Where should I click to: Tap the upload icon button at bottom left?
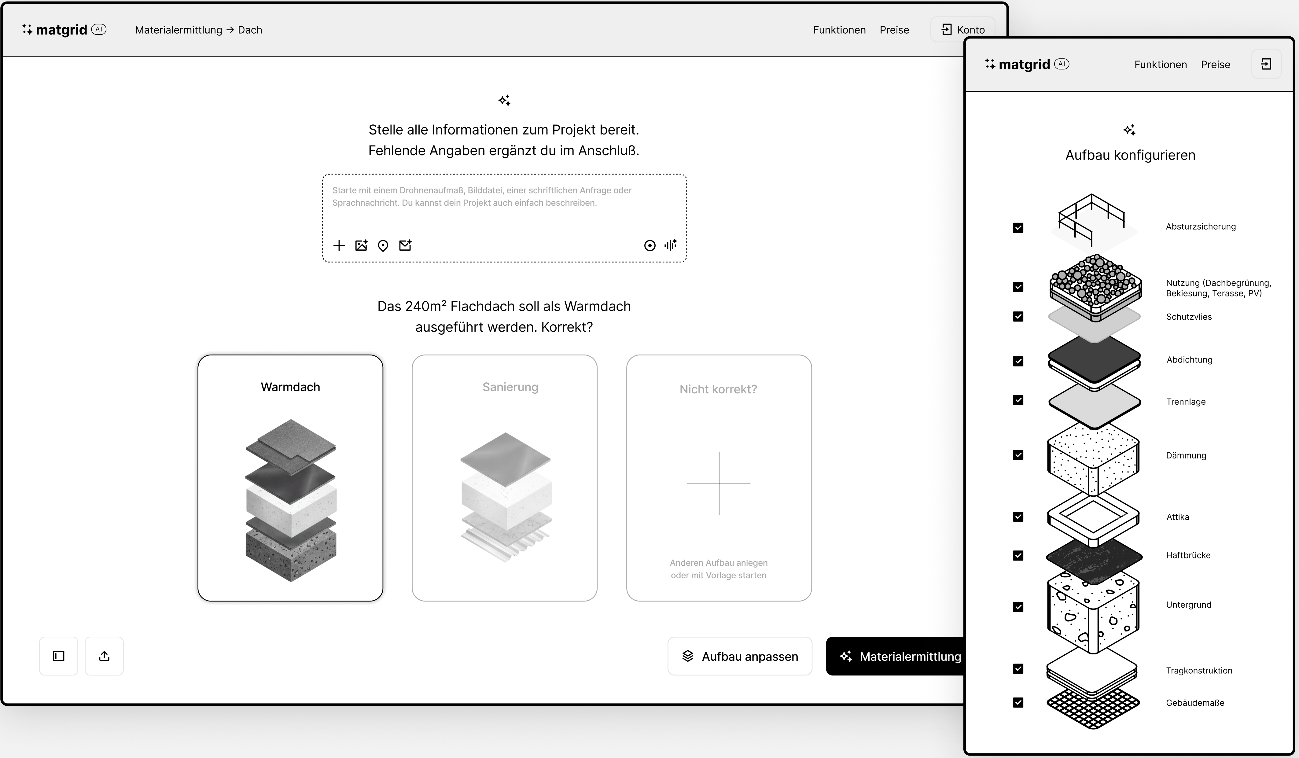click(x=104, y=656)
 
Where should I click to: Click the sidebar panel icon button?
click(x=59, y=656)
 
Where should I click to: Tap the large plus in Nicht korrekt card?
click(x=719, y=483)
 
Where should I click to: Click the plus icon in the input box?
click(x=339, y=245)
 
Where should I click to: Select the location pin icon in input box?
click(x=382, y=245)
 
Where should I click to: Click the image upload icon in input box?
click(x=361, y=245)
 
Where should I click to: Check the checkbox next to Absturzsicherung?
click(x=1018, y=227)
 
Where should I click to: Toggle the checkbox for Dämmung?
click(x=1018, y=455)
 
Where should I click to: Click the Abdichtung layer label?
click(x=1189, y=360)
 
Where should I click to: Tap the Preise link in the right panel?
click(x=1215, y=64)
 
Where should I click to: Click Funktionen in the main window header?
click(x=839, y=30)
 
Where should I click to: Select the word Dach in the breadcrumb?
click(x=250, y=30)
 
